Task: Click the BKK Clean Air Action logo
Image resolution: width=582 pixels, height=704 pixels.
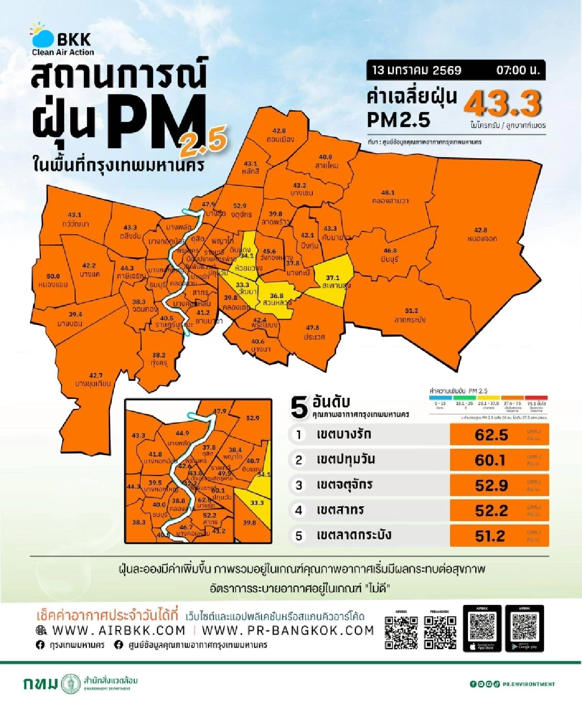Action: coord(62,40)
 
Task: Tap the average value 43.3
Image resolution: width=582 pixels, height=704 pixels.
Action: coord(502,103)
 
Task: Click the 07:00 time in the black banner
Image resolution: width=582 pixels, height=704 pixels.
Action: coord(517,70)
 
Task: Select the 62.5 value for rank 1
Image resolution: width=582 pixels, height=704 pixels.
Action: coord(491,435)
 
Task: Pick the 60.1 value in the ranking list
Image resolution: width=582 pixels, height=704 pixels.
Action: coord(490,460)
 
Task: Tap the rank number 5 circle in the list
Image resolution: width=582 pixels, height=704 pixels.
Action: coord(299,536)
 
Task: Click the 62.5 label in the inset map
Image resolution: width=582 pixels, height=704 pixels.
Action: coord(204,500)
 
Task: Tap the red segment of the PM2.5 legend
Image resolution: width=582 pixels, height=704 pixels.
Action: coord(536,397)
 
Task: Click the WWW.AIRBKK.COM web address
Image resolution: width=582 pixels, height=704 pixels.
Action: coord(119,630)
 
